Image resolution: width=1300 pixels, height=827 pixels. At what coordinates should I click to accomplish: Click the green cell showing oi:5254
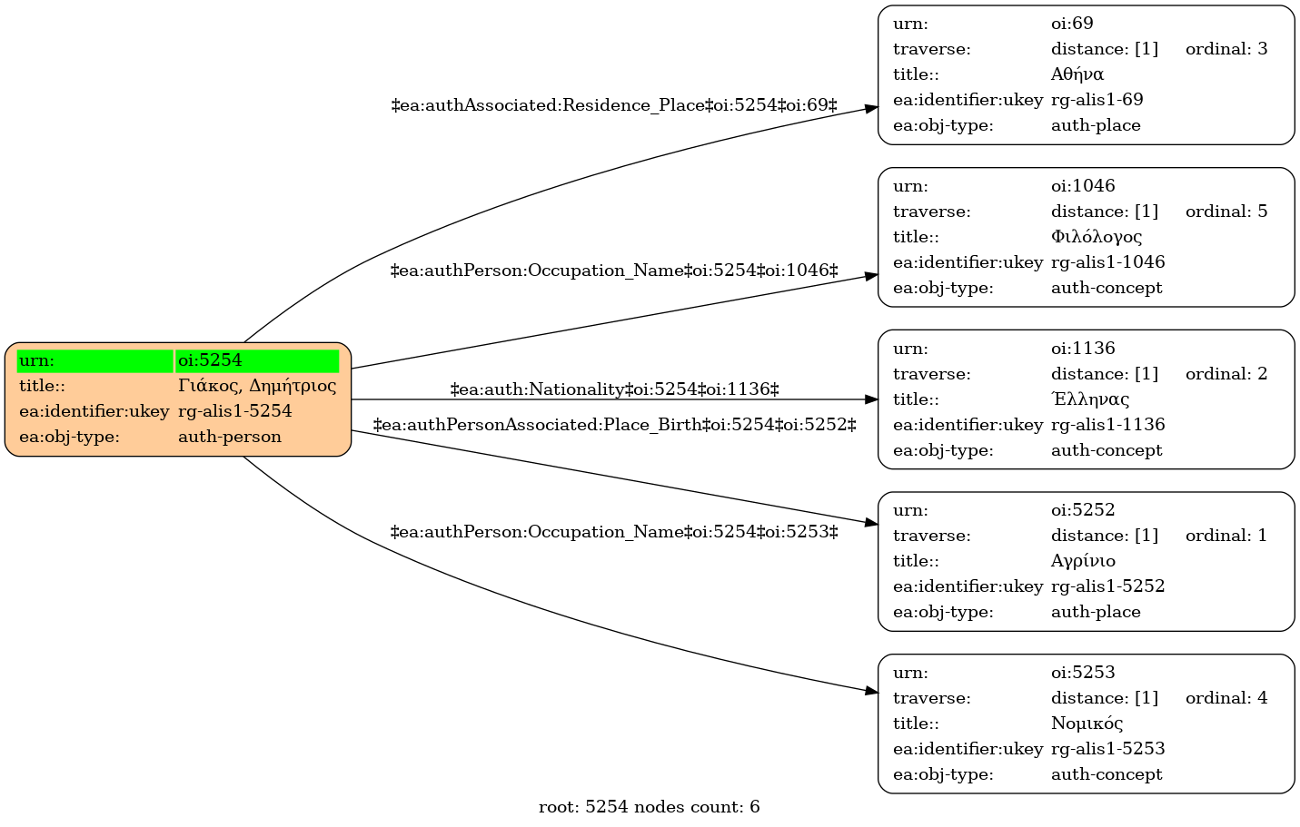(257, 360)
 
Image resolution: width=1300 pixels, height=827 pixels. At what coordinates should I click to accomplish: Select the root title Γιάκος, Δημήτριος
(257, 386)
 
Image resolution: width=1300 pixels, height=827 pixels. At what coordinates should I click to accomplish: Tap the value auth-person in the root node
(230, 437)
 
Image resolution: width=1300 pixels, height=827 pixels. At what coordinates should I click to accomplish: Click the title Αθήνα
(1077, 74)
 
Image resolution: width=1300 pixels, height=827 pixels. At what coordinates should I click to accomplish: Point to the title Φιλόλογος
(1097, 237)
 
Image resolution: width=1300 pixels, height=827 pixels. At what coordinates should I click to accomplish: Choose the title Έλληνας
(1090, 399)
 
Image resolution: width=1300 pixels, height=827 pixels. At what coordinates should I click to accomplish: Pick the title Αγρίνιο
(1083, 561)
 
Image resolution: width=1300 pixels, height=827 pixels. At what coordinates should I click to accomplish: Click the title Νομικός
(1087, 724)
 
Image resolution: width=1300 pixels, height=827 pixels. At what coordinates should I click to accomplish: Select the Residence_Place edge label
(614, 105)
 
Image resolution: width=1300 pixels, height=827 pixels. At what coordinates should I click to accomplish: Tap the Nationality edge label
(615, 389)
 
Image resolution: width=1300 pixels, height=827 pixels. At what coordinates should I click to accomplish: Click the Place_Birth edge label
(615, 425)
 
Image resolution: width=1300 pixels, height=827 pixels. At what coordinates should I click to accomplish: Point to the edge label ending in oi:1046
(614, 271)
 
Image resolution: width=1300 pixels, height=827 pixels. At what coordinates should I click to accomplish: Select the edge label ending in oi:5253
(614, 532)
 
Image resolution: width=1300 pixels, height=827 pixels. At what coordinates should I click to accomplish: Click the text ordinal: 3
(1226, 49)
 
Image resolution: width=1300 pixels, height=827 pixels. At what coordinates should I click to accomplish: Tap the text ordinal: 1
(1226, 536)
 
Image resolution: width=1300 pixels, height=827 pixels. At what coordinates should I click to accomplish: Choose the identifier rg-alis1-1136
(1108, 425)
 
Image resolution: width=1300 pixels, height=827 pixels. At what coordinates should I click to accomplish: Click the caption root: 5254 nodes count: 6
(650, 807)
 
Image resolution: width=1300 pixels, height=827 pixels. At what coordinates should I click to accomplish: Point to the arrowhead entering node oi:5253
(871, 691)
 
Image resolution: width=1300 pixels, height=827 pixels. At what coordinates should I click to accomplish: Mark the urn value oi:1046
(1083, 185)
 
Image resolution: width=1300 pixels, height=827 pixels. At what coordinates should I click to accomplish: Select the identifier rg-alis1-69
(1097, 100)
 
